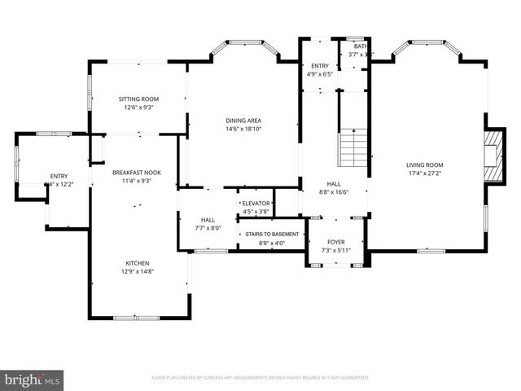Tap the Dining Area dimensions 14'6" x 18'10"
(243, 129)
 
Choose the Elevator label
(255, 203)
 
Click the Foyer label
(335, 242)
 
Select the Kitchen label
(136, 262)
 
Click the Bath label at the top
(360, 46)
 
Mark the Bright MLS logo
(33, 380)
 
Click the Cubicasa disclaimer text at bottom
(260, 378)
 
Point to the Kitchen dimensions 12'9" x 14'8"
(136, 271)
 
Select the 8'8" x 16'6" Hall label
(334, 192)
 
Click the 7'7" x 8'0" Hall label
(208, 228)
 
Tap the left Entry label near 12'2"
(59, 176)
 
